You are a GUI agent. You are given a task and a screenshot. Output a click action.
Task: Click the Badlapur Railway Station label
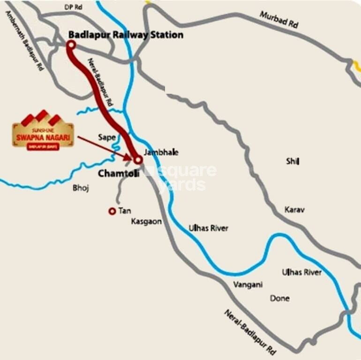click(x=126, y=35)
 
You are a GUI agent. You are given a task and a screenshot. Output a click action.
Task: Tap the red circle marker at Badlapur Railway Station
click(x=71, y=45)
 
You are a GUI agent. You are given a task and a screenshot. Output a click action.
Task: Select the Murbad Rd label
click(x=279, y=20)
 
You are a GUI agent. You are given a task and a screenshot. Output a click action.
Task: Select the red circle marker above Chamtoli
click(x=138, y=160)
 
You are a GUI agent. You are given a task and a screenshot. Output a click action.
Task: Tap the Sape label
click(x=106, y=137)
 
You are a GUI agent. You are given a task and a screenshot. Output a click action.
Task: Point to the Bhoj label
click(x=81, y=188)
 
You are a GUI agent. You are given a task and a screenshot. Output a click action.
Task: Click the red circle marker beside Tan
click(x=112, y=211)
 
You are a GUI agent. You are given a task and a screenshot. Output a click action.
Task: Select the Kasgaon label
click(x=146, y=221)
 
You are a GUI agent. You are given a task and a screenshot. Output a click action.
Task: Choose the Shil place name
click(x=293, y=162)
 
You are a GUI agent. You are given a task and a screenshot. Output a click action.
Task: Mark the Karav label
click(x=294, y=210)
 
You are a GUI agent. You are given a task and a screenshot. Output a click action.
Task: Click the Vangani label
click(x=248, y=285)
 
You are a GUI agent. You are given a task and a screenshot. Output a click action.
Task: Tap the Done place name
click(x=280, y=298)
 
